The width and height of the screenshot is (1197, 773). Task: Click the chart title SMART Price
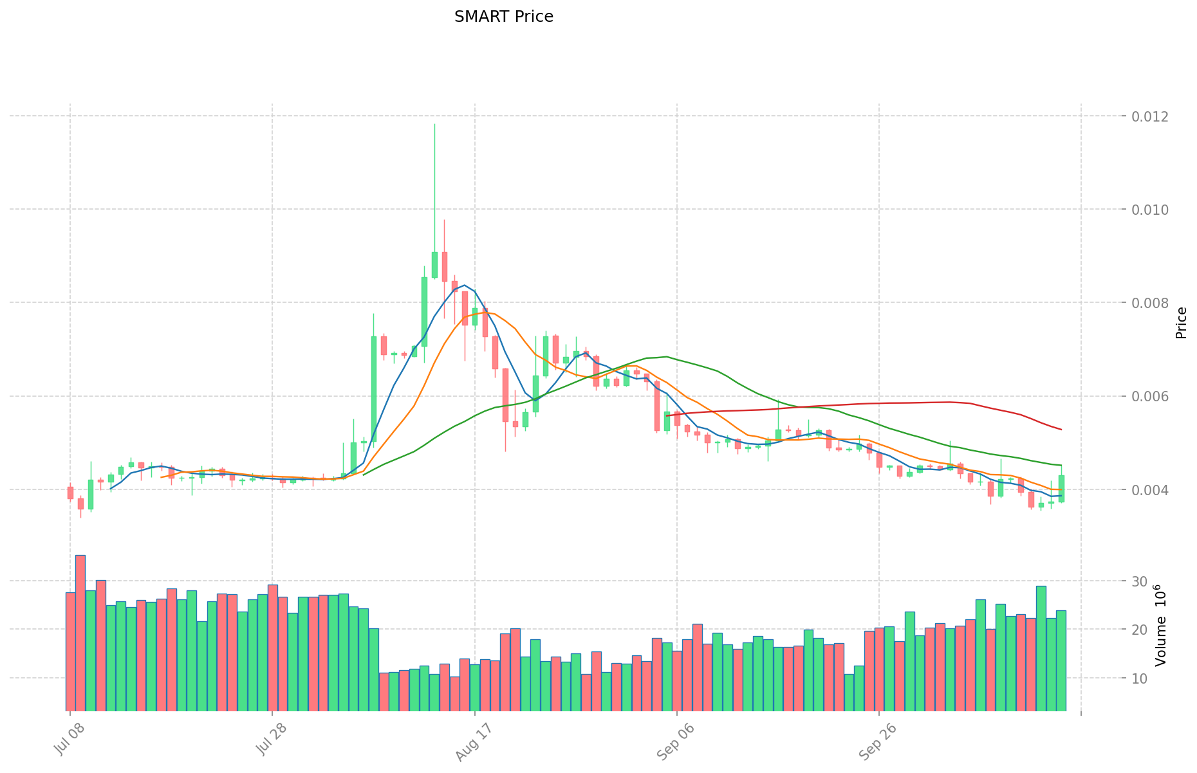click(x=503, y=17)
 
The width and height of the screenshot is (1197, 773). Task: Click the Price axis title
click(x=1181, y=323)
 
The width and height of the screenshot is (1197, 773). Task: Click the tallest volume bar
click(x=80, y=633)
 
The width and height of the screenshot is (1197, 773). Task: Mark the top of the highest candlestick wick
click(x=434, y=124)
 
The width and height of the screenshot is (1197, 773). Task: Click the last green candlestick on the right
click(x=1061, y=488)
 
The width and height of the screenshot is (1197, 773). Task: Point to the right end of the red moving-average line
click(x=1061, y=430)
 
